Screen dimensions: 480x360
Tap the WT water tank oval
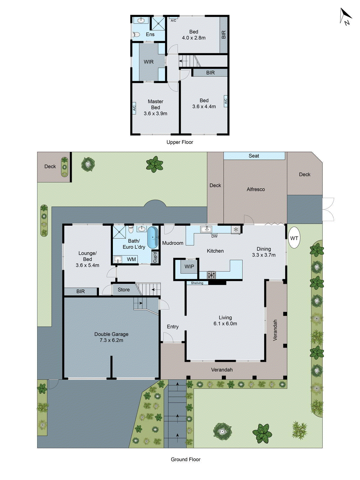pos(294,238)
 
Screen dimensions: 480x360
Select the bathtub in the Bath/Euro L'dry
pos(152,237)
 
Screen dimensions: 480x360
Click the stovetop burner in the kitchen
pos(211,274)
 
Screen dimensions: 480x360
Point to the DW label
pos(214,236)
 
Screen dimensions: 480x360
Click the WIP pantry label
pos(189,267)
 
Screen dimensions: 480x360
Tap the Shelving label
pos(197,283)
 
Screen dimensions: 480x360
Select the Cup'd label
pos(155,257)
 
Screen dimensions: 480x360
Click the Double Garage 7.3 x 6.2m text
pos(111,337)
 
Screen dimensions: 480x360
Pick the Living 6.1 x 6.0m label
pos(225,320)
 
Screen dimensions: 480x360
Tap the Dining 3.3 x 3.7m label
pos(264,252)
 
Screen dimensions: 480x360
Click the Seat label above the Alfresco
pos(254,156)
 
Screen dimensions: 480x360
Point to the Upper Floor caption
pos(180,142)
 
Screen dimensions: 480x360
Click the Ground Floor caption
pos(185,459)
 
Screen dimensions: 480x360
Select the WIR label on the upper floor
pos(148,62)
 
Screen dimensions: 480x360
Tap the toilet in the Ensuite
pos(136,35)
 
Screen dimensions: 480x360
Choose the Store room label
pos(124,289)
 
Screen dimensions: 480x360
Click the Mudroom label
pos(172,243)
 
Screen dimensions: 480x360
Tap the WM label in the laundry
pos(131,259)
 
